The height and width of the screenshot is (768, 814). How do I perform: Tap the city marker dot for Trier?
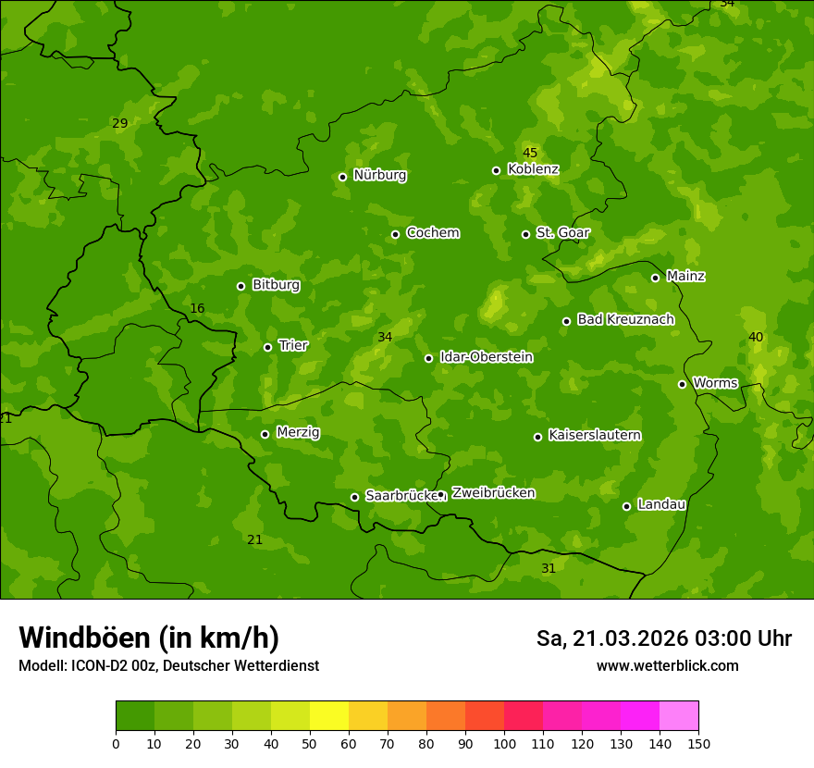267,347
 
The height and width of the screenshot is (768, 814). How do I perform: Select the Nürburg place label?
379,175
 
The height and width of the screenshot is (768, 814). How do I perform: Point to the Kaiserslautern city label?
594,435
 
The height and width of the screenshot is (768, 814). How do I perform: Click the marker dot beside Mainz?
655,278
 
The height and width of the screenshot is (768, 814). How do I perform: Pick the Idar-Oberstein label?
486,356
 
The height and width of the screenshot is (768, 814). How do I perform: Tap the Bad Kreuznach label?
625,319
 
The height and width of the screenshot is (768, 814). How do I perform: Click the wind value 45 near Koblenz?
530,153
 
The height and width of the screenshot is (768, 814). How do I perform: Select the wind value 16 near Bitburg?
197,308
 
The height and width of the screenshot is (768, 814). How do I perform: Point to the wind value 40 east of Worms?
756,337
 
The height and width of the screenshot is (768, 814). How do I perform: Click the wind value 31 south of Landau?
549,568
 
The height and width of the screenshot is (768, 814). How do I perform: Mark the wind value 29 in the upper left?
120,123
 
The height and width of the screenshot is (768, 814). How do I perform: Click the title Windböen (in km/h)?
149,638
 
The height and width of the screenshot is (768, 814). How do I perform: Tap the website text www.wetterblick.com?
667,665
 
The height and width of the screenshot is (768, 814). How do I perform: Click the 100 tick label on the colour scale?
504,743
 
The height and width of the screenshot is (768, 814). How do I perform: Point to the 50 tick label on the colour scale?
310,743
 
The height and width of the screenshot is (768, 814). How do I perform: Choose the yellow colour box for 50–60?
329,716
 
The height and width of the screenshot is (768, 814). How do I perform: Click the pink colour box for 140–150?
679,716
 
